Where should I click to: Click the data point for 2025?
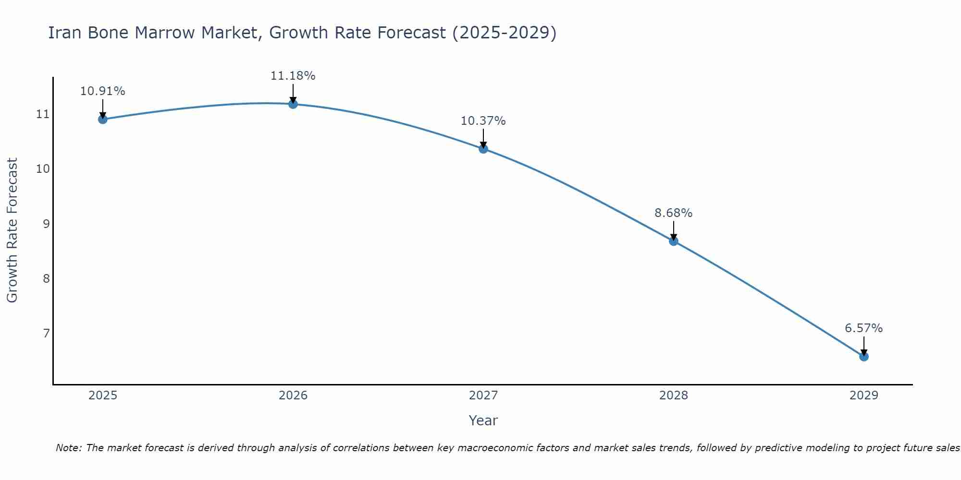point(102,119)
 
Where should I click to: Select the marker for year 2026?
point(293,104)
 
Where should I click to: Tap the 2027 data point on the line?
point(483,149)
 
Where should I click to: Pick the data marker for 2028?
point(674,241)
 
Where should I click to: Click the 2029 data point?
point(863,357)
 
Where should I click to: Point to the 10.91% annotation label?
point(102,91)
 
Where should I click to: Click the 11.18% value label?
point(293,76)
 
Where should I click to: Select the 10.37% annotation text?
point(483,121)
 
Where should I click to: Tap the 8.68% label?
point(673,213)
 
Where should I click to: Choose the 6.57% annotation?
point(863,328)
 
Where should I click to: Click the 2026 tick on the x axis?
point(293,396)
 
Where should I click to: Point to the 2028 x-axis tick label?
point(674,396)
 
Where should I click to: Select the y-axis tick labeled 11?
point(43,114)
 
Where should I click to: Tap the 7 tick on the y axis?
point(46,333)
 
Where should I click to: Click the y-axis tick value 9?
point(46,224)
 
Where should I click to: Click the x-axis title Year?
point(483,420)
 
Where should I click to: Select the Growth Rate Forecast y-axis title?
point(12,230)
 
